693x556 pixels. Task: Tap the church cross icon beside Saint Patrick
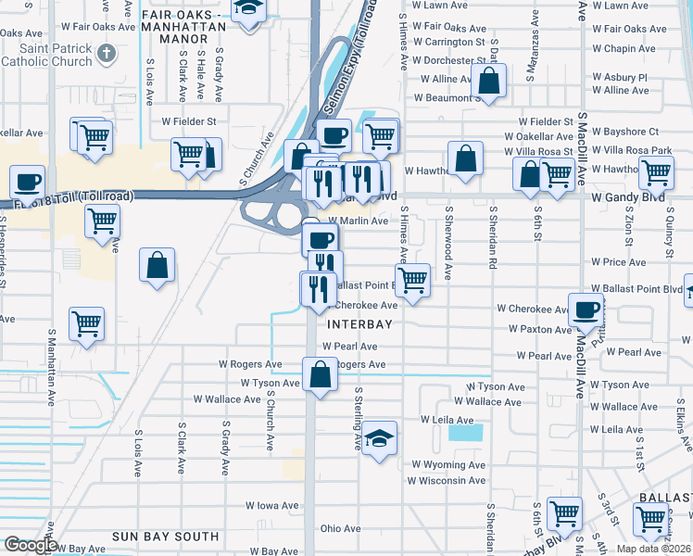107,52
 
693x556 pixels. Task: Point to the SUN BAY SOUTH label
165,537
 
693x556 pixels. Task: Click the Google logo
30,545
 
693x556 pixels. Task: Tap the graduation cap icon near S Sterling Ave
379,437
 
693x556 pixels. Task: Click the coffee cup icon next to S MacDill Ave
586,310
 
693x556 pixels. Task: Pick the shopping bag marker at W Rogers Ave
320,375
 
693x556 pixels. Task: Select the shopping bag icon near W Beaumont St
488,81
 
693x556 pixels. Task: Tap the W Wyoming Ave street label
448,464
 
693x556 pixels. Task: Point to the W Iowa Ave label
271,506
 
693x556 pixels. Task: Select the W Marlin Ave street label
357,221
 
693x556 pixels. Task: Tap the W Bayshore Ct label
627,133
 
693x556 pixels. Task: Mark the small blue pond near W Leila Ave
465,432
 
